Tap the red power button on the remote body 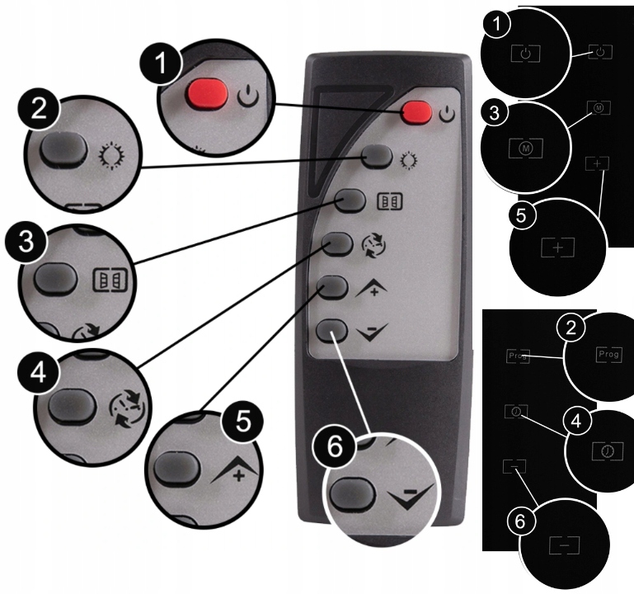[417, 111]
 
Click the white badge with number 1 [496, 26]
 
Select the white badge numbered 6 [519, 521]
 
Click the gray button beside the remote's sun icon [377, 155]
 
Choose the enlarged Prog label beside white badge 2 [608, 353]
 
